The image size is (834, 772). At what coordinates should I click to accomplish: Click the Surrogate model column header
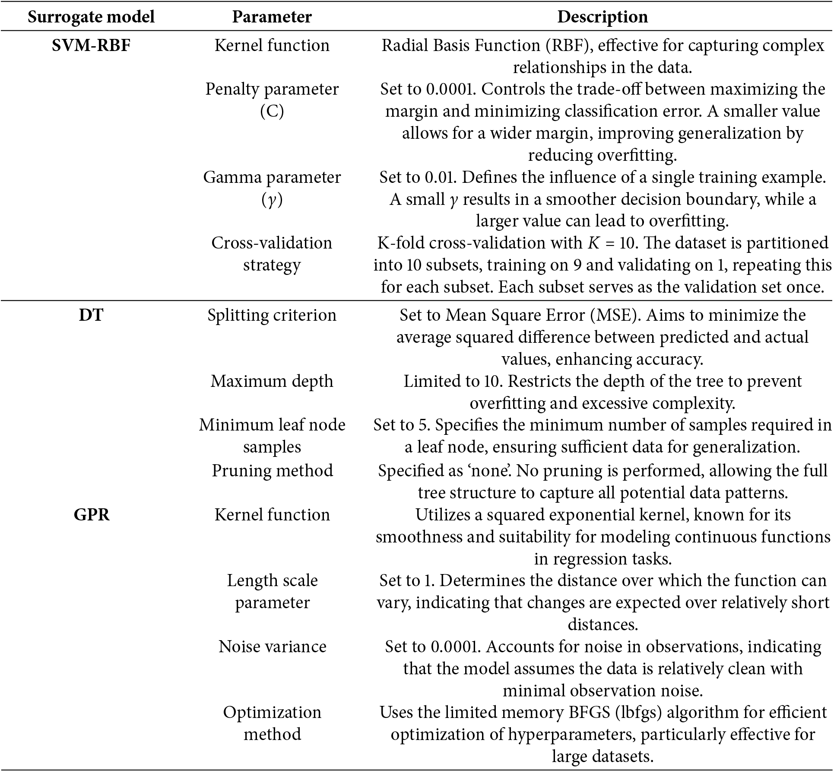coord(91,17)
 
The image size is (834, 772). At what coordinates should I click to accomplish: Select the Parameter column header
coord(272,17)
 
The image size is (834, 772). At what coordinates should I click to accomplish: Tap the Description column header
coord(603,17)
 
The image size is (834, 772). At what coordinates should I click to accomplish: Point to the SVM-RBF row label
coord(91,45)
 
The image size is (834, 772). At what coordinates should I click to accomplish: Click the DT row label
coord(91,315)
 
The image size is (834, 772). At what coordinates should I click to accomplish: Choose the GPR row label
coord(91,515)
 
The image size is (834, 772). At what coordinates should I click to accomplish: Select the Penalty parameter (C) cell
coord(272,100)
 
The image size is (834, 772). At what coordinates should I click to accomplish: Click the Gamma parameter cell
coord(272,188)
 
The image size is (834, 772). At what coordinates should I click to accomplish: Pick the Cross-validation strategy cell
coord(272,254)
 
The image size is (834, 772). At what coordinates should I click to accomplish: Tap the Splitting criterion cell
coord(272,315)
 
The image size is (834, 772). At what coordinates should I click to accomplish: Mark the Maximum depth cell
coord(272,381)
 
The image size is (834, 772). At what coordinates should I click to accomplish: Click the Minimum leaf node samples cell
coord(272,436)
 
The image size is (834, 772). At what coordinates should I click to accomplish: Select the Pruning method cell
coord(272,471)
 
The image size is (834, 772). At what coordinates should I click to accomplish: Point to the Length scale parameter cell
coord(272,591)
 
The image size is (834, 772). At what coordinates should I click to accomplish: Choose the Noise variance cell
coord(272,647)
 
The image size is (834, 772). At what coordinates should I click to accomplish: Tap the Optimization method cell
coord(272,723)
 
